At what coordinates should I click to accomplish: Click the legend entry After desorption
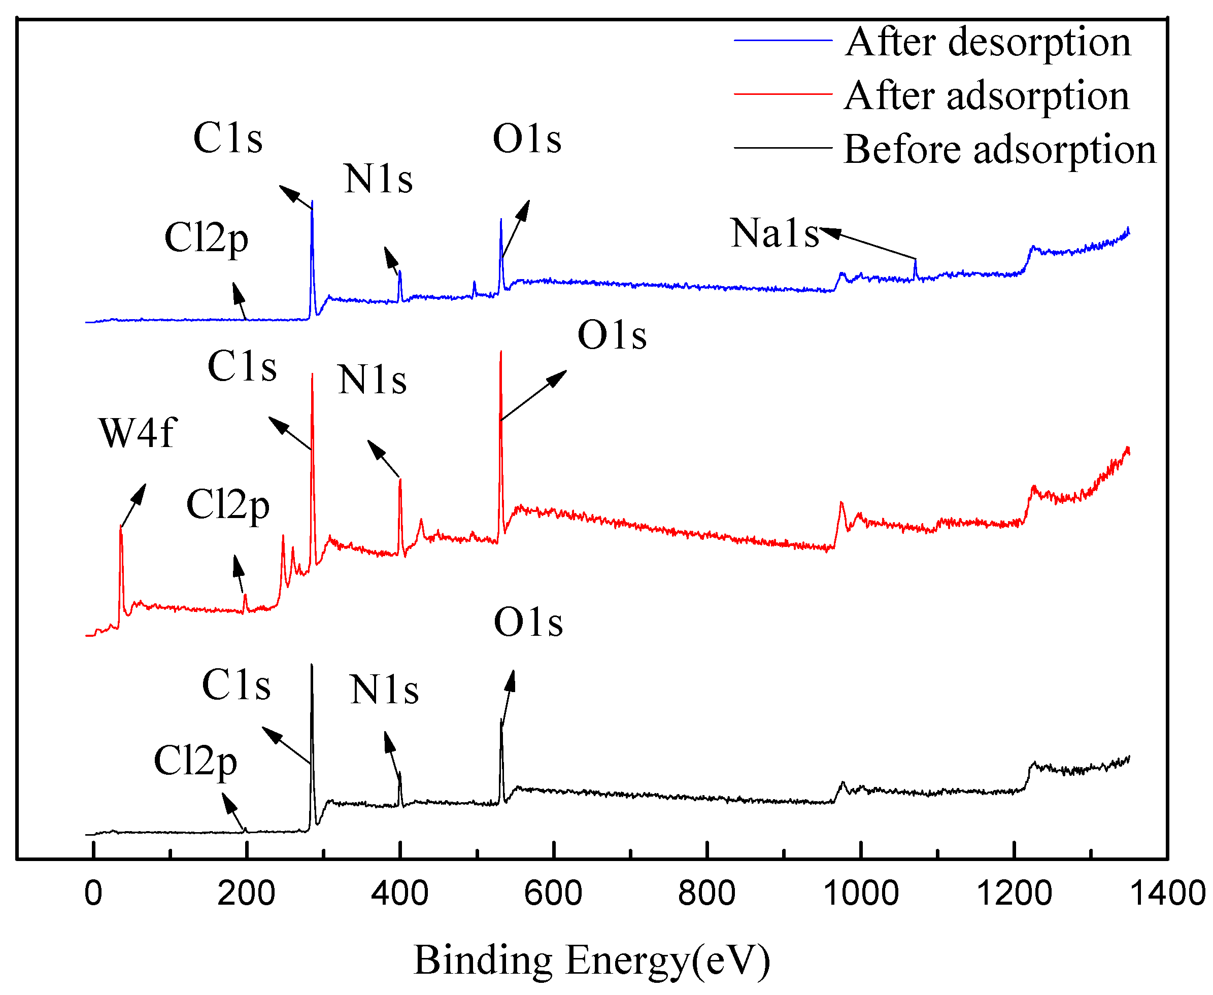point(987,43)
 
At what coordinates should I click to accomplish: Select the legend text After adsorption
point(986,96)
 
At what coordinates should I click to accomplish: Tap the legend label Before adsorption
point(1000,150)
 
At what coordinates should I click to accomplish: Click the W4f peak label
point(138,433)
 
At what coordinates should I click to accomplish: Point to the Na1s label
point(774,234)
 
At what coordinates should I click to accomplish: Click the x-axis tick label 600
point(553,894)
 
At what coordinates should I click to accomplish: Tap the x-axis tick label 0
point(93,894)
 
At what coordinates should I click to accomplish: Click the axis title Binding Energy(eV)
point(592,960)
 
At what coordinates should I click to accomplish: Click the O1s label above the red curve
point(612,335)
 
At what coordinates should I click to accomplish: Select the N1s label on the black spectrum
point(384,690)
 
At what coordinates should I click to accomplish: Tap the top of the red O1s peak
point(501,353)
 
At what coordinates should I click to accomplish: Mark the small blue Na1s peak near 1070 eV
point(916,262)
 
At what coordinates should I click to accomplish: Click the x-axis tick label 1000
point(860,894)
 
